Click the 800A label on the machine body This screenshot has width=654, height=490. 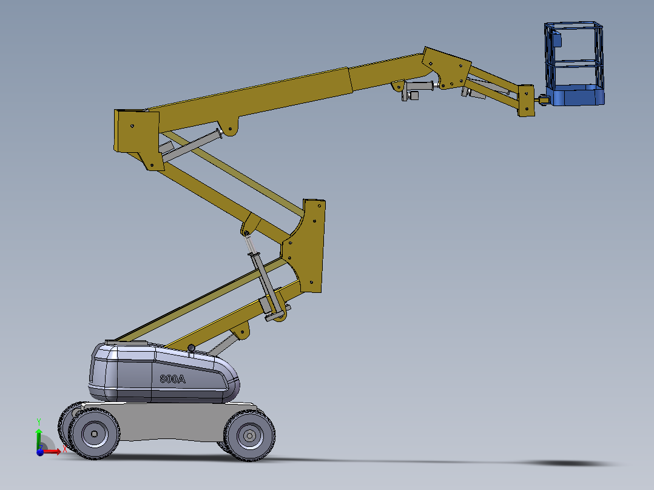tap(172, 379)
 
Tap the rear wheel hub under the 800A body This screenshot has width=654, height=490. tap(94, 434)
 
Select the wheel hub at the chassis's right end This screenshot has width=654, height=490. tap(249, 435)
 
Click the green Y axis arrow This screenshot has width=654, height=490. tap(39, 428)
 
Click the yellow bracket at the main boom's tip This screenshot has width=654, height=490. tap(447, 69)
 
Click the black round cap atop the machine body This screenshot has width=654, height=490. tap(192, 348)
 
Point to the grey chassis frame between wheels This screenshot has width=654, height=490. tap(170, 421)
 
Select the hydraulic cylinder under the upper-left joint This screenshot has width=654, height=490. tap(188, 147)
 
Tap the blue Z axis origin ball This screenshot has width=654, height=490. tap(40, 452)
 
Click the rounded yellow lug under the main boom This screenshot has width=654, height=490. tap(231, 127)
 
